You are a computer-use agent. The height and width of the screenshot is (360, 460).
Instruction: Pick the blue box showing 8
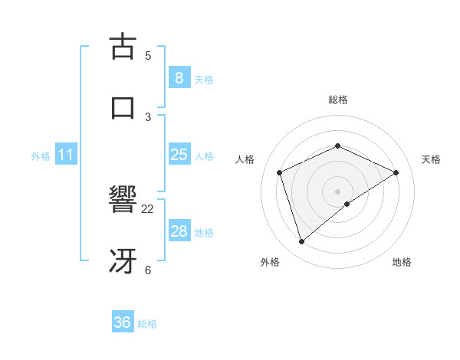click(x=179, y=77)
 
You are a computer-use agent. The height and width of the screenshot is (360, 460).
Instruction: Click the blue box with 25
click(x=179, y=155)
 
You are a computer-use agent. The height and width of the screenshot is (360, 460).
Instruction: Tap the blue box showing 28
click(x=179, y=231)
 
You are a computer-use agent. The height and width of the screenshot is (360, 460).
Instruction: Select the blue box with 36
click(x=123, y=322)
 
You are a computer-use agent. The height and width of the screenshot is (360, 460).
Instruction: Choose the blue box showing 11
click(x=66, y=155)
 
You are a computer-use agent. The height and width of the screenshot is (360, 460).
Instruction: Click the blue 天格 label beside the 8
click(x=204, y=79)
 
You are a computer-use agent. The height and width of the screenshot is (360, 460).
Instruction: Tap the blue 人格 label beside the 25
click(x=204, y=156)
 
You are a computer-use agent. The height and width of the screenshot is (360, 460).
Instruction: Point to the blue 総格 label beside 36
click(x=147, y=324)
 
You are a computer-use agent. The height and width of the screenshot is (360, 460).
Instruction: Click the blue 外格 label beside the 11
click(x=41, y=156)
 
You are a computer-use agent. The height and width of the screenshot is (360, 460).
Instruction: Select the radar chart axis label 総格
click(x=337, y=100)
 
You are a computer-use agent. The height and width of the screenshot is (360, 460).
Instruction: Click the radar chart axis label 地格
click(x=402, y=262)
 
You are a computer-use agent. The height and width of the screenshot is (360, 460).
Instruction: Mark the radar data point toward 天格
click(x=396, y=172)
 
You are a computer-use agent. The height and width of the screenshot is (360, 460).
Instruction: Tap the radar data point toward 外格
click(x=301, y=242)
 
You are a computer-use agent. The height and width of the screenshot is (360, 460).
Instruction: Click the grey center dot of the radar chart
click(x=337, y=191)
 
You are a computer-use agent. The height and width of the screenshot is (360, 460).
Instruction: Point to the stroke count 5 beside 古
click(x=148, y=55)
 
